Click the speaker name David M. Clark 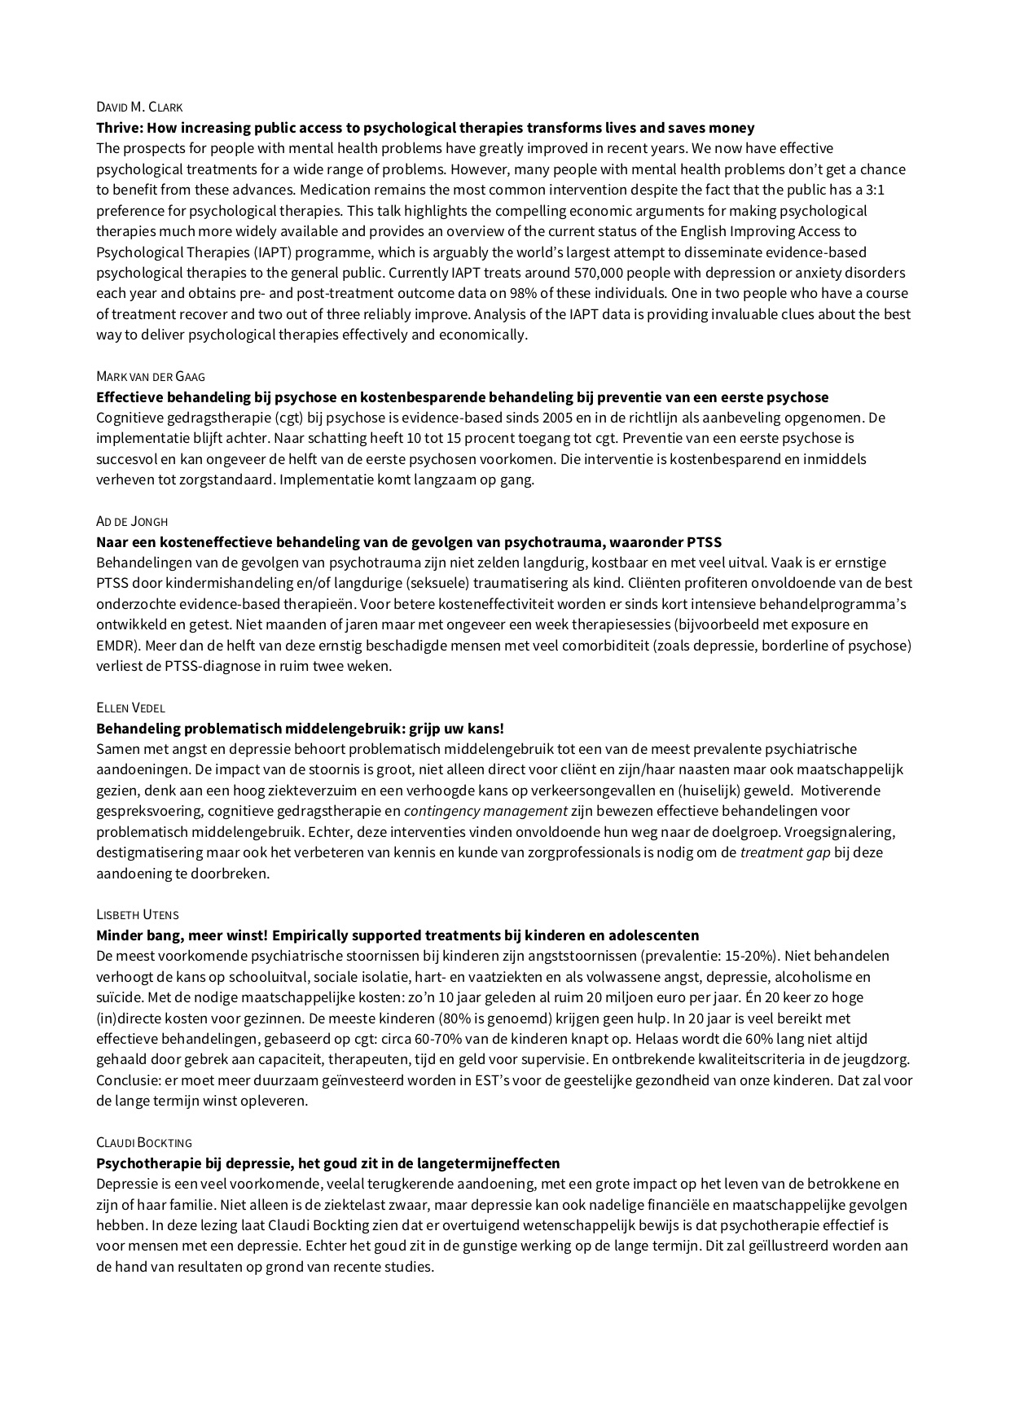coord(139,107)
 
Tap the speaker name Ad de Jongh coord(132,521)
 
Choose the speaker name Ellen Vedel coord(130,707)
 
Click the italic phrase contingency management coord(485,811)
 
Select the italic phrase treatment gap coord(782,852)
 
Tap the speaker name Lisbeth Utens coord(137,914)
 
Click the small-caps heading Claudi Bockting coord(144,1142)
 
